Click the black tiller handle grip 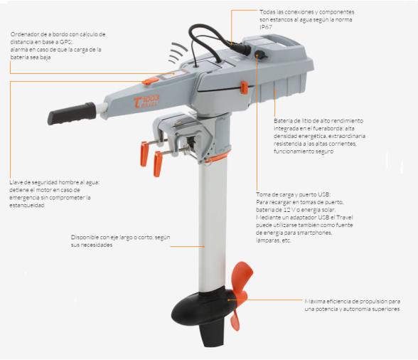(x=72, y=113)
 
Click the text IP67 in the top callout (x=266, y=27)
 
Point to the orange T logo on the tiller (x=137, y=102)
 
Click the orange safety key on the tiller (x=151, y=80)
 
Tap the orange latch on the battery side (x=244, y=88)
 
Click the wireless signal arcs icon (x=177, y=53)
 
